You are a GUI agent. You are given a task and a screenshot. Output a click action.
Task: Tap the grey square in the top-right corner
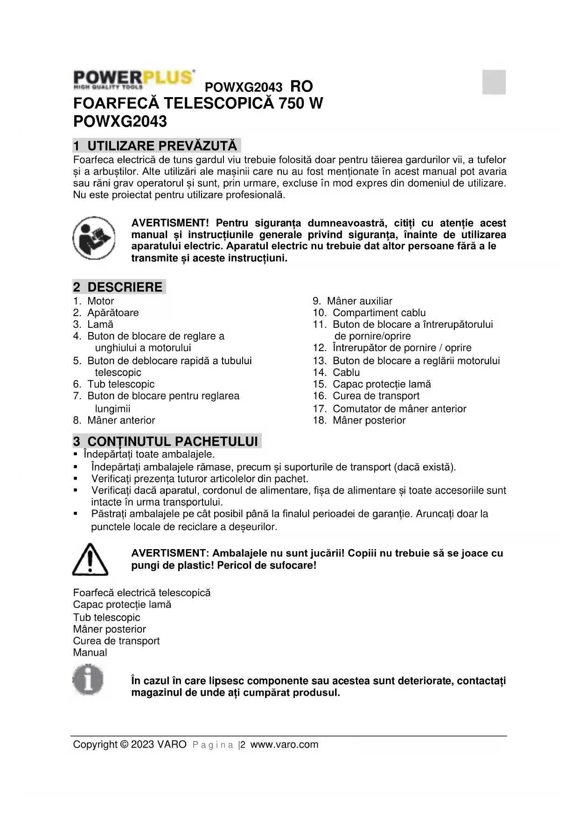(x=494, y=82)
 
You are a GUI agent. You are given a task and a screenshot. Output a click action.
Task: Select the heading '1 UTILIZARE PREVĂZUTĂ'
(x=156, y=146)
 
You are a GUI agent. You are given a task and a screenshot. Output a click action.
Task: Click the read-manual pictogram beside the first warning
(x=94, y=238)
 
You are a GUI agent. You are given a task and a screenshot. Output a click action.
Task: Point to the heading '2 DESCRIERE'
(x=119, y=287)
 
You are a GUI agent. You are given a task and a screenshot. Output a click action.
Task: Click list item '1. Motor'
(x=94, y=301)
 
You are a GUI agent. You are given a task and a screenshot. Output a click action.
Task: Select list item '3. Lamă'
(x=93, y=325)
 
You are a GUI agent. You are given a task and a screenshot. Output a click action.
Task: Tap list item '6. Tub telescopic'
(x=114, y=384)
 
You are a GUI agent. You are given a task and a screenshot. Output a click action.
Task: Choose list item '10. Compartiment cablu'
(x=369, y=313)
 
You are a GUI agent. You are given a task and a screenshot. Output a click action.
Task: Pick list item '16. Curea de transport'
(x=366, y=396)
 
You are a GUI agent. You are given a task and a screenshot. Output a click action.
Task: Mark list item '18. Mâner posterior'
(x=359, y=420)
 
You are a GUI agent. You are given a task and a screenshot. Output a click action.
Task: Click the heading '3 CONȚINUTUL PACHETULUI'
(x=167, y=442)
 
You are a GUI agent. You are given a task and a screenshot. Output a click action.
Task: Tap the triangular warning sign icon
(x=90, y=559)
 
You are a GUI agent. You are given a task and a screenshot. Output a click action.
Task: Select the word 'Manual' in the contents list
(x=90, y=653)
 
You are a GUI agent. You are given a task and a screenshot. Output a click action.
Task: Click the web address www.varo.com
(x=285, y=745)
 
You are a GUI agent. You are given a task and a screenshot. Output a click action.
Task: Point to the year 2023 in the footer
(x=142, y=745)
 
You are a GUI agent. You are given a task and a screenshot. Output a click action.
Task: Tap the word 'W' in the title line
(x=315, y=103)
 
